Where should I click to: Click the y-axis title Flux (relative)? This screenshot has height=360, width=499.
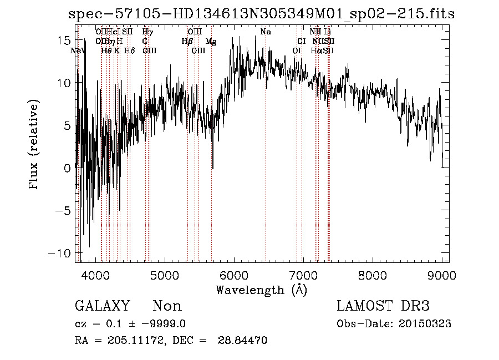34,145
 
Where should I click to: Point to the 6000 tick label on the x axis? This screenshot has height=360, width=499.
233,275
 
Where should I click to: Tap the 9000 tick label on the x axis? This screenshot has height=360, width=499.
442,275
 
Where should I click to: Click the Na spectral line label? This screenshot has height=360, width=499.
266,32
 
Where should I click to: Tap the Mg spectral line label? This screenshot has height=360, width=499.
211,42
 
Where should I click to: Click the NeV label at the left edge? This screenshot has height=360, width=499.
79,51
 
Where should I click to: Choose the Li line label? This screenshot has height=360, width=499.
328,32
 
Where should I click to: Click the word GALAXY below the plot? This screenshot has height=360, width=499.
102,306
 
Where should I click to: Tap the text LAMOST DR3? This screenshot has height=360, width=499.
383,306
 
